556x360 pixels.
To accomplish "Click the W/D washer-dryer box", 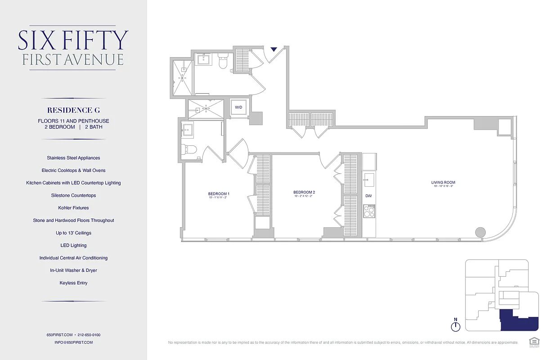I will point(238,107).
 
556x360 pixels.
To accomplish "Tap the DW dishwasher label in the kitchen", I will point(368,196).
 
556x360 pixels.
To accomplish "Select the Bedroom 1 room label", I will point(216,194).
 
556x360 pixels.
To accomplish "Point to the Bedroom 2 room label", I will point(304,193).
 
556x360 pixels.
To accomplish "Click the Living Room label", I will point(443,183).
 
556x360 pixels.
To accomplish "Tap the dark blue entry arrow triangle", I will point(274,49).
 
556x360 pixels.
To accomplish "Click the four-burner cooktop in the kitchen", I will point(369,211).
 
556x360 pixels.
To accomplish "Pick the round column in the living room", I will point(480,232).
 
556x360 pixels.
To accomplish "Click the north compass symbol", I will point(456,325).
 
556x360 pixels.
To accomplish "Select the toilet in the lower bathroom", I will point(189,149).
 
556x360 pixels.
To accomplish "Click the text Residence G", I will point(73,110).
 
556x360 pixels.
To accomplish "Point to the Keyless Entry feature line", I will point(73,283).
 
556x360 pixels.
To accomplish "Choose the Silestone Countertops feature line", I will point(73,195).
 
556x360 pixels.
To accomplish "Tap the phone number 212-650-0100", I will point(89,335).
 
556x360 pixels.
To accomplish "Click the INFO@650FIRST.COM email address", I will point(73,342).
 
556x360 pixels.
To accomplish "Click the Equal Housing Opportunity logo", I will point(534,341).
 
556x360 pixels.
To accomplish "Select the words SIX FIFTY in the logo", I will point(73,40).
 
